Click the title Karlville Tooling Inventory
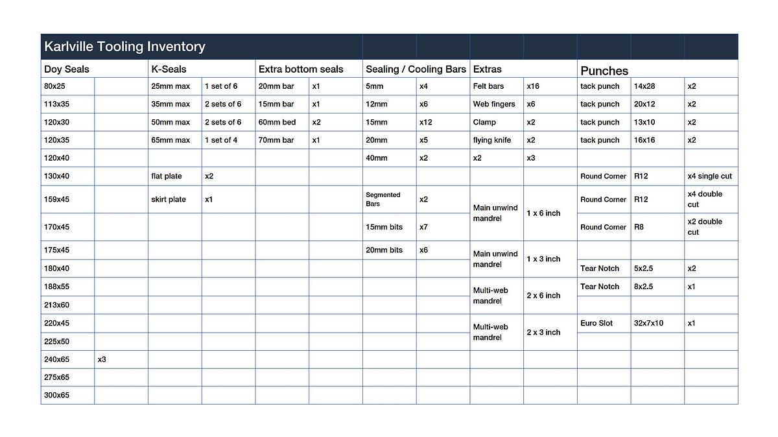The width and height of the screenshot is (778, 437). [x=124, y=47]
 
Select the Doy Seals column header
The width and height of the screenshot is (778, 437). [x=67, y=69]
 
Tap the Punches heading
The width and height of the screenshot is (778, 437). [x=604, y=71]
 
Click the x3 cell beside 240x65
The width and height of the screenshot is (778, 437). [x=102, y=359]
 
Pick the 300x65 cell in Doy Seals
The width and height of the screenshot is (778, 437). [x=57, y=395]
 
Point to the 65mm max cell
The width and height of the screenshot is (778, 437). [x=171, y=140]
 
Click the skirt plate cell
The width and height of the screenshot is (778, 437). [x=169, y=200]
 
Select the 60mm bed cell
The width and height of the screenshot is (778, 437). [x=277, y=122]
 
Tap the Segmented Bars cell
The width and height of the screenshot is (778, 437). [x=383, y=199]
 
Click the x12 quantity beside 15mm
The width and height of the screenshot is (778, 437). [x=426, y=122]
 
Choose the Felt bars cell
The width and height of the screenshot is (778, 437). [x=488, y=86]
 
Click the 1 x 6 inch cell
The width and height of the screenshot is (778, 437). [x=543, y=213]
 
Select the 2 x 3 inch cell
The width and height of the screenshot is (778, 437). [x=543, y=332]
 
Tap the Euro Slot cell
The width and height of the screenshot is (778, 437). [x=596, y=323]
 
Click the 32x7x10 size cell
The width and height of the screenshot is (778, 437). [x=649, y=323]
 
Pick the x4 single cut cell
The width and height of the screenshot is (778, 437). [x=709, y=176]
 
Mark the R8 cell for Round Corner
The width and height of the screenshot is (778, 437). [x=639, y=227]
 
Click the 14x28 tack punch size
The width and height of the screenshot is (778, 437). [x=644, y=86]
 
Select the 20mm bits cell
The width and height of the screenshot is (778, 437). [x=384, y=250]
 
